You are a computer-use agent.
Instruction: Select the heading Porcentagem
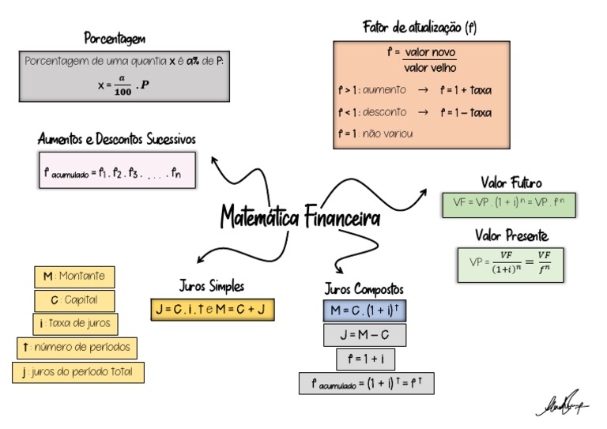(115, 38)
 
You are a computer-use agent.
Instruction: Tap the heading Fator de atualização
(419, 28)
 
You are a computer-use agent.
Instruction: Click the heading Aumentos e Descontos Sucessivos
(117, 139)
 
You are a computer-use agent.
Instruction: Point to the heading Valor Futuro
(511, 183)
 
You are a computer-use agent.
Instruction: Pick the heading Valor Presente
(511, 235)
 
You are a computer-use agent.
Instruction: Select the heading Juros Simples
(212, 286)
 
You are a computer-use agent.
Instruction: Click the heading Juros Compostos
(364, 288)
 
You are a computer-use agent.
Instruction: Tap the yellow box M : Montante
(74, 277)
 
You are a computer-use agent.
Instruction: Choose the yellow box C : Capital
(74, 300)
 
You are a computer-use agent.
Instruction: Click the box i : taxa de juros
(75, 324)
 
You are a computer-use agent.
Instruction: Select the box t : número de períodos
(77, 348)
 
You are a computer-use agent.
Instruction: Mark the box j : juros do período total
(78, 372)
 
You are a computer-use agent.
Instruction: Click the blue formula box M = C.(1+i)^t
(364, 310)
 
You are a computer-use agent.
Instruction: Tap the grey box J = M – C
(364, 335)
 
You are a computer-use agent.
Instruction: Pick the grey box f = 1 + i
(364, 359)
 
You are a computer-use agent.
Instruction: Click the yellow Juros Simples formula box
(213, 310)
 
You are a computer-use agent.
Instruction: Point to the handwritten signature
(562, 405)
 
